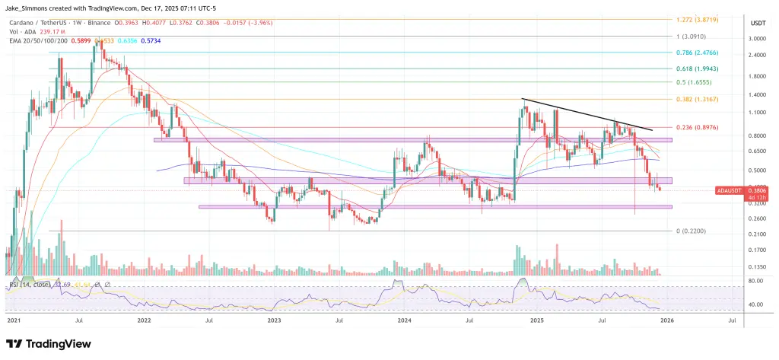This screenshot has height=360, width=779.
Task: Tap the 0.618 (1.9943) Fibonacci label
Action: click(698, 68)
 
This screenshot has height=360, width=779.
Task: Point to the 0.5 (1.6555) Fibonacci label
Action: click(695, 82)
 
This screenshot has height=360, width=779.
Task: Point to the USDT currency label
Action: click(757, 22)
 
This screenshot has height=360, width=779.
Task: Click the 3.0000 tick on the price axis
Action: click(757, 37)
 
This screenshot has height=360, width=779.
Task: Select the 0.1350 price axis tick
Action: click(757, 267)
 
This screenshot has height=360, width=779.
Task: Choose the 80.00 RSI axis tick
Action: click(756, 281)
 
